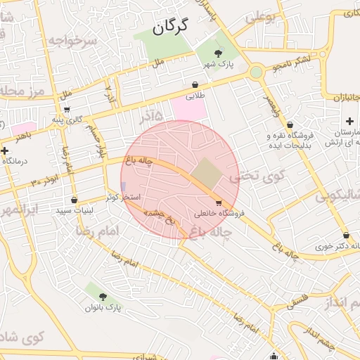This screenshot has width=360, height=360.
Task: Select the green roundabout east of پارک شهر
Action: tap(256, 71)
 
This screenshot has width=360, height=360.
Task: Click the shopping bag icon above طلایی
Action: tap(195, 84)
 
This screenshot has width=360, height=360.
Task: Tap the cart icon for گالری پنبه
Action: tap(66, 110)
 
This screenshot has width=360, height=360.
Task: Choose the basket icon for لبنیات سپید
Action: tap(74, 200)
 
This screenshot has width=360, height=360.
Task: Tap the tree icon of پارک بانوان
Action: tap(103, 297)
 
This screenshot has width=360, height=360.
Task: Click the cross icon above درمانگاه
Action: tap(6, 150)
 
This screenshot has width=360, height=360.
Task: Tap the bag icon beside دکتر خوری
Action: tap(345, 236)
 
